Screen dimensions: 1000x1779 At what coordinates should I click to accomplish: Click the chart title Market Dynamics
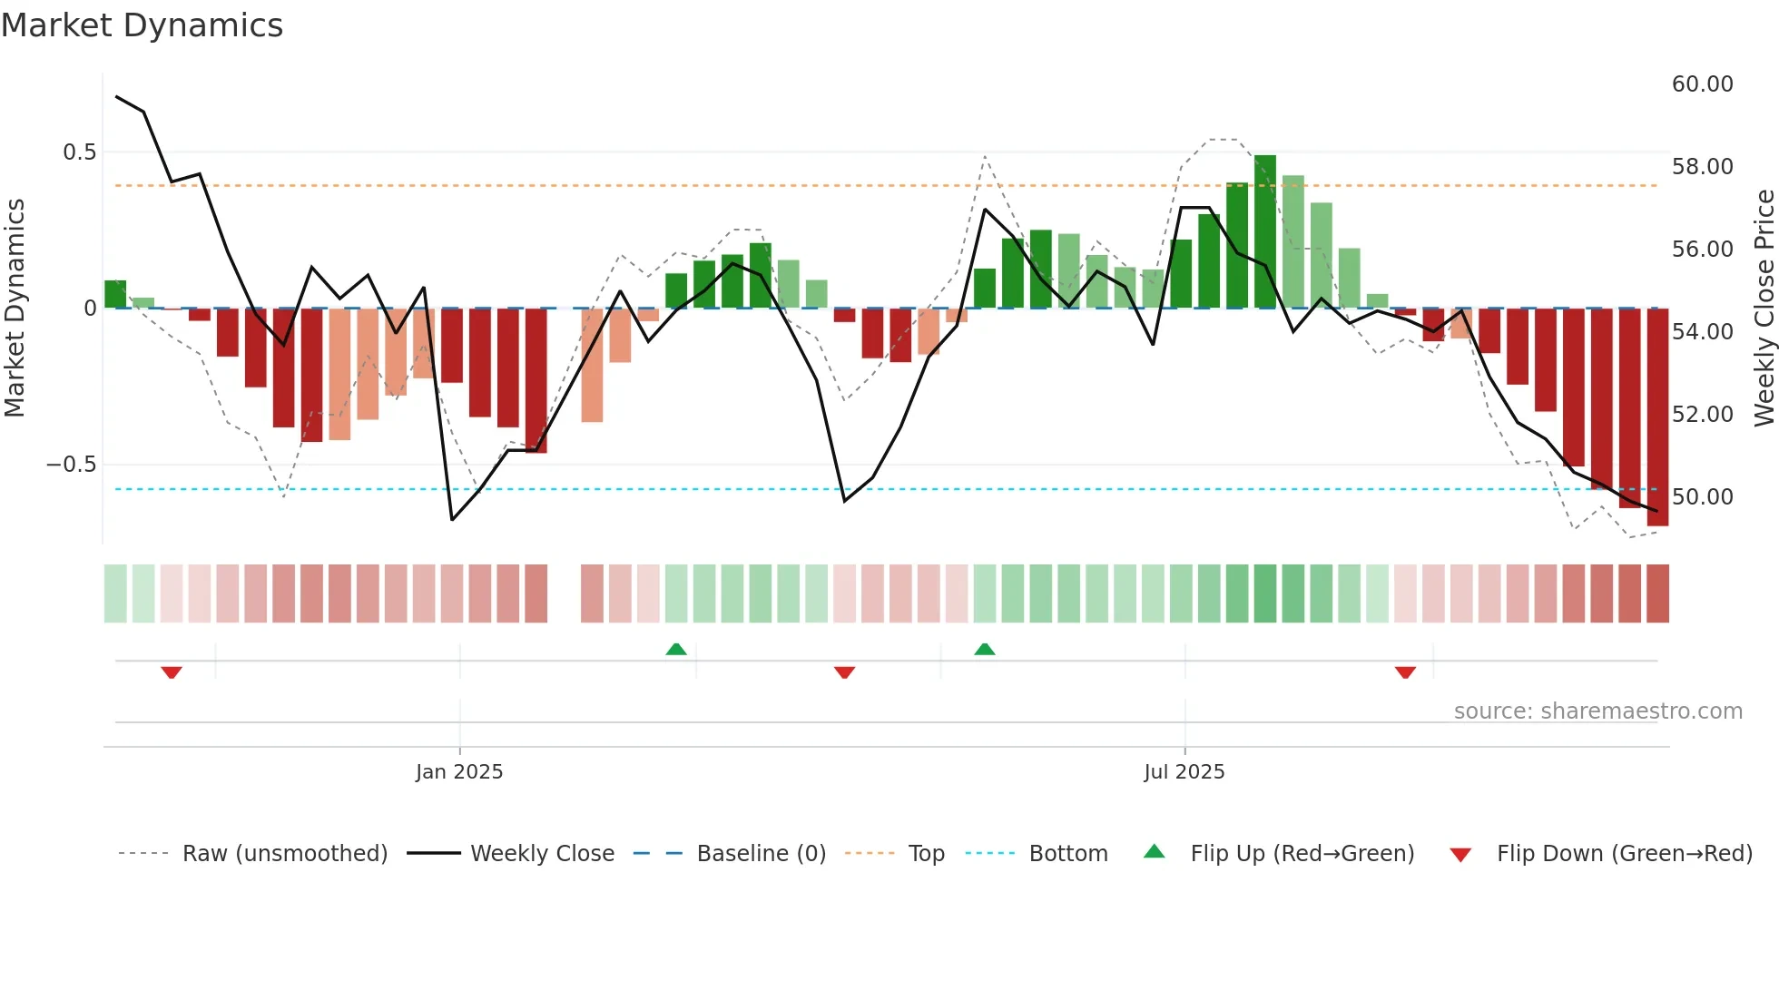coord(143,25)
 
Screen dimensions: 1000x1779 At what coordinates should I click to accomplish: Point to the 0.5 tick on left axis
coord(80,152)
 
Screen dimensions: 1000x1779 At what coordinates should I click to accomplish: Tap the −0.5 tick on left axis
coord(72,465)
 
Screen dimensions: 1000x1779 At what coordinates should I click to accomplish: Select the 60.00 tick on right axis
coord(1702,84)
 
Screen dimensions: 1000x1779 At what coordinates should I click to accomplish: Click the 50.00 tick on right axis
coord(1702,497)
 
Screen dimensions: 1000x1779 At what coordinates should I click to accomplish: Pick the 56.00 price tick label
coord(1702,250)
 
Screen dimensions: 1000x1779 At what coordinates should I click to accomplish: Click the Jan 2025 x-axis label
coord(459,772)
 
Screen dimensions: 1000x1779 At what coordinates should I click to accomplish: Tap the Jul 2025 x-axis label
coord(1184,772)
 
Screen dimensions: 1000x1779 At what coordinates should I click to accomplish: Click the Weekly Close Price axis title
coord(1764,309)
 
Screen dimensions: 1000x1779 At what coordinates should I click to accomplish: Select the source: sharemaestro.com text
coord(1597,711)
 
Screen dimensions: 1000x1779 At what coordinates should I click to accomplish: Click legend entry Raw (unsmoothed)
coord(284,854)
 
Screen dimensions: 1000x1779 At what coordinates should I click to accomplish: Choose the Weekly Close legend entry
coord(542,854)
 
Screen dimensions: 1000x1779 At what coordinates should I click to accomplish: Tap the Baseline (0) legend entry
coord(761,854)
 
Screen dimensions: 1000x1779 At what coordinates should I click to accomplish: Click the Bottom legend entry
coord(1067,854)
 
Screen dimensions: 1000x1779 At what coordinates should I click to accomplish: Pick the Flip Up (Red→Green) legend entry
coord(1302,854)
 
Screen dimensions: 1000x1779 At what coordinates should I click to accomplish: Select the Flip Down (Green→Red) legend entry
coord(1624,854)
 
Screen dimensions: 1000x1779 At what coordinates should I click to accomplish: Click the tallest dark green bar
coord(1265,231)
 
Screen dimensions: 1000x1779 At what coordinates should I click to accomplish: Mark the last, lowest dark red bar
coord(1657,417)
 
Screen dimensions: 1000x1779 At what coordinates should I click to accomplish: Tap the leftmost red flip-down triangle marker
coord(172,672)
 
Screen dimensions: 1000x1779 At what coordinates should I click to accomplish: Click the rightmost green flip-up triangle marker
coord(985,650)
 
